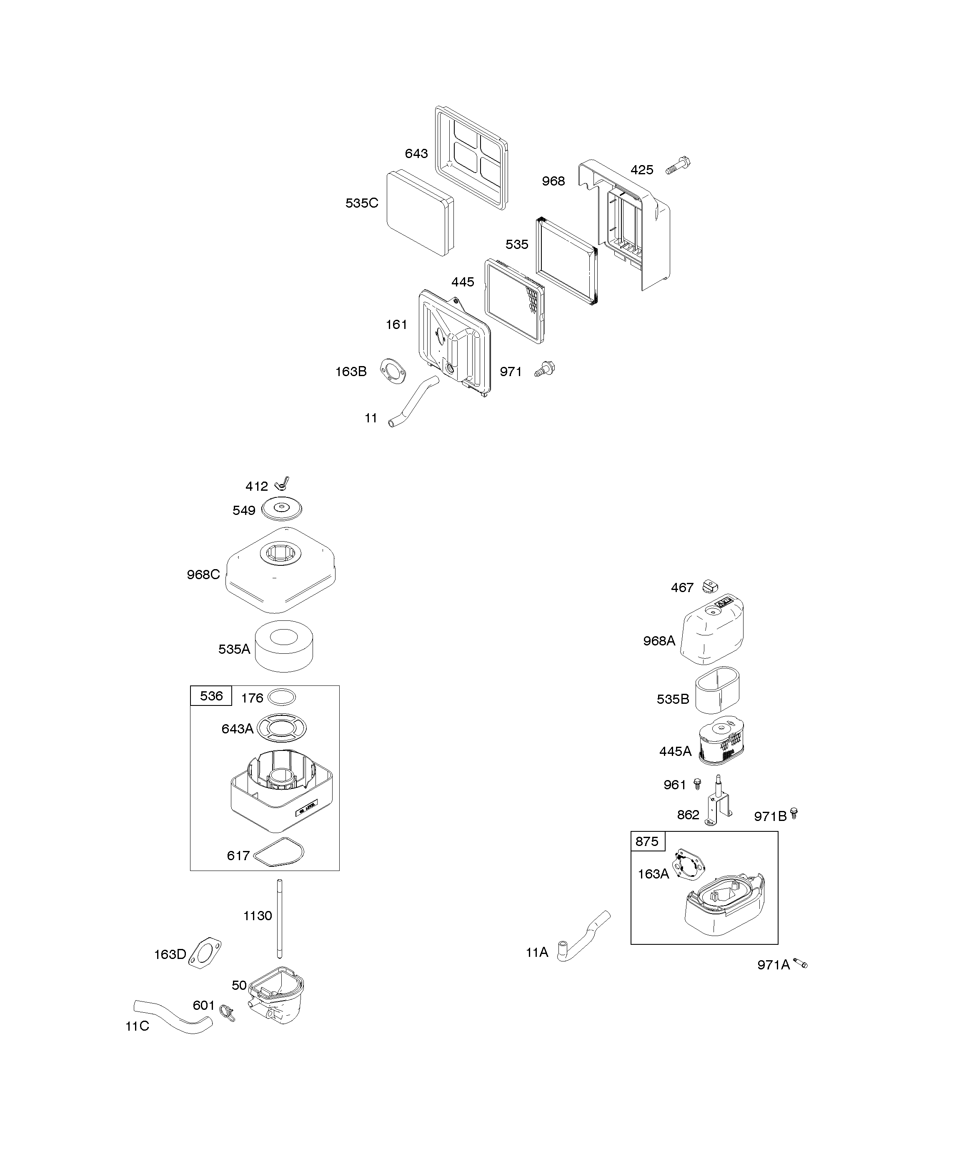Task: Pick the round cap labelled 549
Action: (282, 508)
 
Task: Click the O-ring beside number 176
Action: (281, 698)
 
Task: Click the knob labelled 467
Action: (711, 587)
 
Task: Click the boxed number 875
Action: (647, 841)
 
